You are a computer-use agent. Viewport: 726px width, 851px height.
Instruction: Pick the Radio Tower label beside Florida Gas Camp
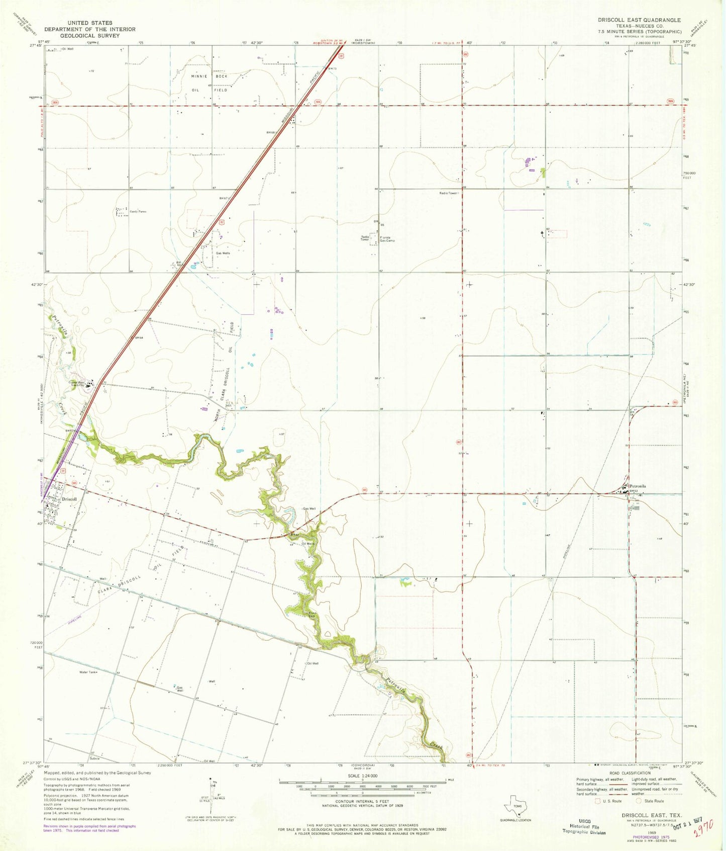pyautogui.click(x=365, y=238)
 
